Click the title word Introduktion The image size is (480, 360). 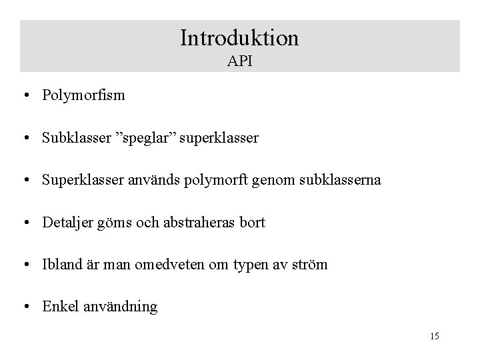(x=239, y=37)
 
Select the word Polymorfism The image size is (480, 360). (x=83, y=96)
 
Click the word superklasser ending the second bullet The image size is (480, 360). (x=217, y=139)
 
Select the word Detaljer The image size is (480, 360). (x=67, y=223)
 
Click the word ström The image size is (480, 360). (x=309, y=265)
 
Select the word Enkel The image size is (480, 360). (x=59, y=307)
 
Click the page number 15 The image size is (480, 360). (x=434, y=336)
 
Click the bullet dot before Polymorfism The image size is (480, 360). (x=24, y=96)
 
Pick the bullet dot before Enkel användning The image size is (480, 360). (x=24, y=307)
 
